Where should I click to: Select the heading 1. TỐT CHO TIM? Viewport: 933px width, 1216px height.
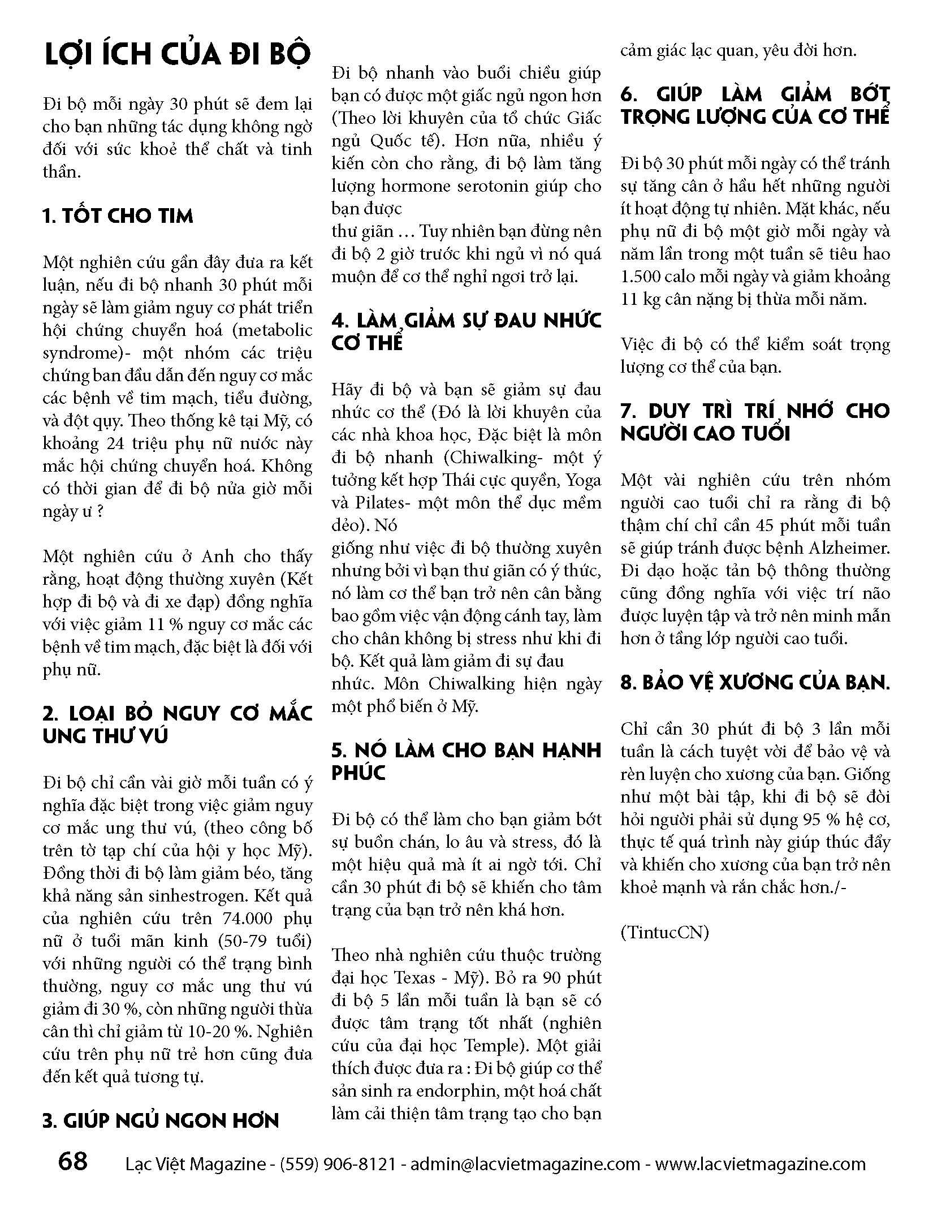coord(118,216)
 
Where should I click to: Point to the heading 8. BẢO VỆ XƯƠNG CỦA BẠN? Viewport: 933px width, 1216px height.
coord(755,683)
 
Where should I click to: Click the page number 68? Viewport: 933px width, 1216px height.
coord(73,1162)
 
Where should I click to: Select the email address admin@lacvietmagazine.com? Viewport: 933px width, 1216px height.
coord(525,1164)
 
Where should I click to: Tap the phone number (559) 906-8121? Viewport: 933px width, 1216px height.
coord(338,1164)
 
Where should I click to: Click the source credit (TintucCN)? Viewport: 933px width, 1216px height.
coord(664,932)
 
